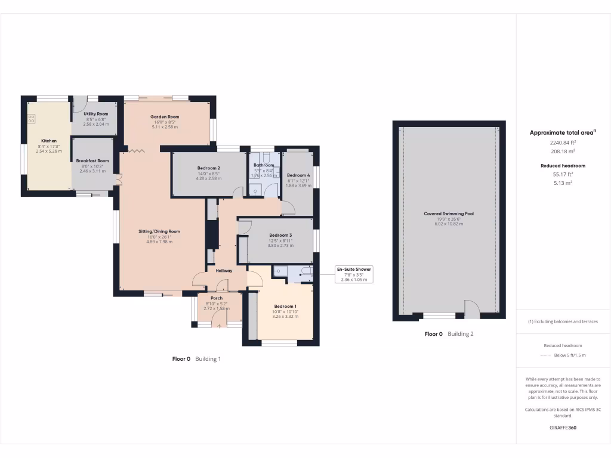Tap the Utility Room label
click(x=95, y=113)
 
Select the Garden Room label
click(x=165, y=117)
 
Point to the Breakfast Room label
click(x=92, y=160)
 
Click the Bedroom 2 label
click(x=209, y=168)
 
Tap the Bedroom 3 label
click(x=280, y=235)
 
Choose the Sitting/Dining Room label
click(x=159, y=231)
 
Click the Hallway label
click(x=224, y=271)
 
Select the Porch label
click(x=217, y=298)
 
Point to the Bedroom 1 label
click(x=285, y=306)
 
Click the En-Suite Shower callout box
click(x=354, y=274)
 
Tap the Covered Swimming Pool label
click(x=449, y=213)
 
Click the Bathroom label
click(x=264, y=165)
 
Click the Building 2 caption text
click(x=461, y=334)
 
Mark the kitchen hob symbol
click(x=31, y=119)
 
